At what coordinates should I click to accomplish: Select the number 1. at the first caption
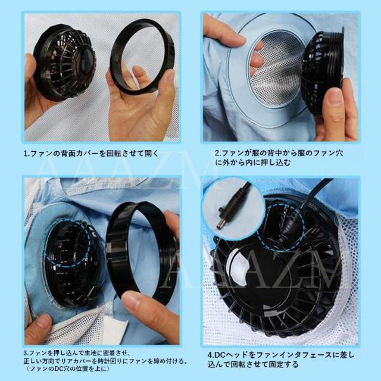(27, 154)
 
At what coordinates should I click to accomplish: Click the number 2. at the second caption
(218, 154)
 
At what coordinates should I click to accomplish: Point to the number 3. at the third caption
(26, 353)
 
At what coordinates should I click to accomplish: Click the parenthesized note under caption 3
(67, 369)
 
